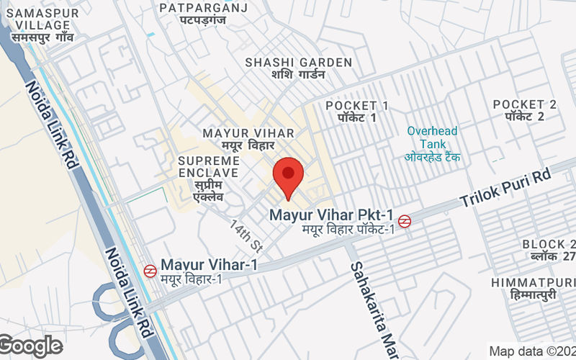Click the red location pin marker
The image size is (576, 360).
pyautogui.click(x=288, y=176)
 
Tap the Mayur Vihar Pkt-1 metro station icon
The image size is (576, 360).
pyautogui.click(x=405, y=221)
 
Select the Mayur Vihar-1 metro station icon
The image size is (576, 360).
pyautogui.click(x=150, y=271)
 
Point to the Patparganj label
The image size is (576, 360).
pyautogui.click(x=203, y=14)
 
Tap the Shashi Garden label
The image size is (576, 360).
pyautogui.click(x=298, y=68)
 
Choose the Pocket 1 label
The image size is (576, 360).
pyautogui.click(x=356, y=111)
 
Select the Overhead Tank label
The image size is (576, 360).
pyautogui.click(x=432, y=144)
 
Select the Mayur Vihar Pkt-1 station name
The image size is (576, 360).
pyautogui.click(x=331, y=215)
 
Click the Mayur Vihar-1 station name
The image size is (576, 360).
pyautogui.click(x=209, y=265)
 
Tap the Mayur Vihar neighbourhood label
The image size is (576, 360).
pyautogui.click(x=248, y=139)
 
